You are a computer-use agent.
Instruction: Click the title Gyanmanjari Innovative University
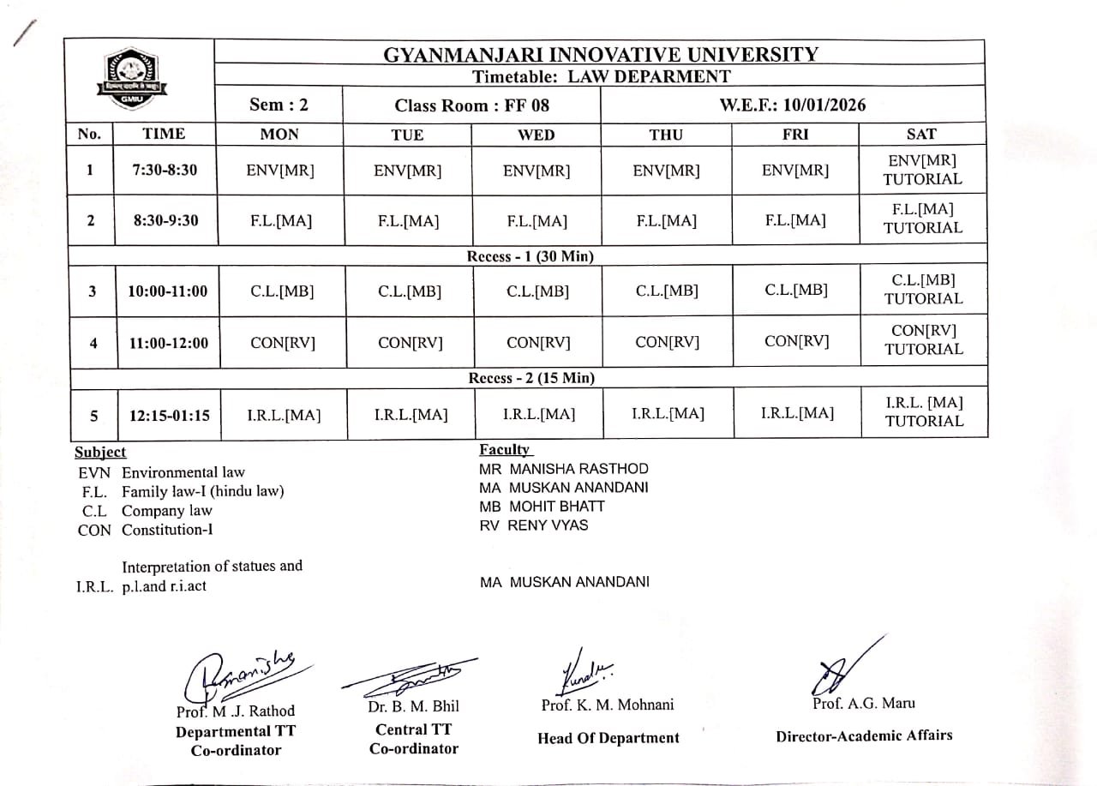pyautogui.click(x=600, y=55)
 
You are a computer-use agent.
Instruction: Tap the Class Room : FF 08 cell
pyautogui.click(x=471, y=105)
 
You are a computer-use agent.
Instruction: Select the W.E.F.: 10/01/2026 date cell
pyautogui.click(x=792, y=105)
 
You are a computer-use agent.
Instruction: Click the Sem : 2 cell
pyautogui.click(x=279, y=105)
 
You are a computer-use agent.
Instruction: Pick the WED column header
pyautogui.click(x=537, y=135)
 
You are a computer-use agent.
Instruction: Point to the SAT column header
pyautogui.click(x=921, y=134)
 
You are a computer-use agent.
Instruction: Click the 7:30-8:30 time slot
pyautogui.click(x=165, y=170)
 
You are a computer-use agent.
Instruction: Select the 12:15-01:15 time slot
pyautogui.click(x=170, y=416)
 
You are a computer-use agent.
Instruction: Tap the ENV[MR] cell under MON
pyautogui.click(x=279, y=171)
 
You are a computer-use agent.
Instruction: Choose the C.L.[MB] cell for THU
pyautogui.click(x=667, y=291)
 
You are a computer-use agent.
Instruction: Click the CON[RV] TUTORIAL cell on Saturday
pyautogui.click(x=923, y=340)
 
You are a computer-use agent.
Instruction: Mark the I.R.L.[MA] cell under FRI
pyautogui.click(x=796, y=414)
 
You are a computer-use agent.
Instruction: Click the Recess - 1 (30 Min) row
pyautogui.click(x=530, y=256)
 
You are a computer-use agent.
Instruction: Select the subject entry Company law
pyautogui.click(x=166, y=511)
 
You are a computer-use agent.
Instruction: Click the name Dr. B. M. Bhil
pyautogui.click(x=413, y=707)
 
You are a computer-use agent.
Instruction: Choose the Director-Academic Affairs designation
pyautogui.click(x=864, y=735)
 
